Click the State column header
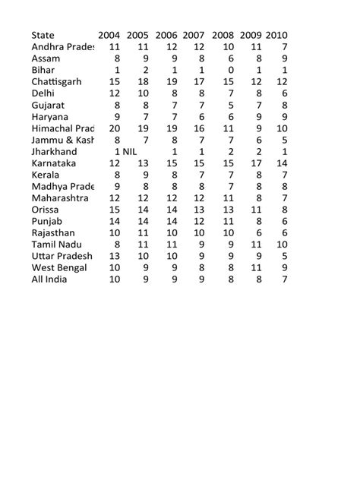click(x=43, y=35)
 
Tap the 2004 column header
click(x=109, y=35)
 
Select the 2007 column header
click(x=194, y=35)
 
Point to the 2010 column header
click(x=276, y=35)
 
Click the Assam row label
click(x=46, y=58)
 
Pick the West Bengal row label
click(x=60, y=267)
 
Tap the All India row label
click(x=51, y=279)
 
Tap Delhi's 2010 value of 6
click(x=284, y=93)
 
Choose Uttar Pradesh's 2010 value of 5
click(x=284, y=256)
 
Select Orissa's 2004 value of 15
click(x=115, y=209)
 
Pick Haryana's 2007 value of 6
click(x=201, y=116)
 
